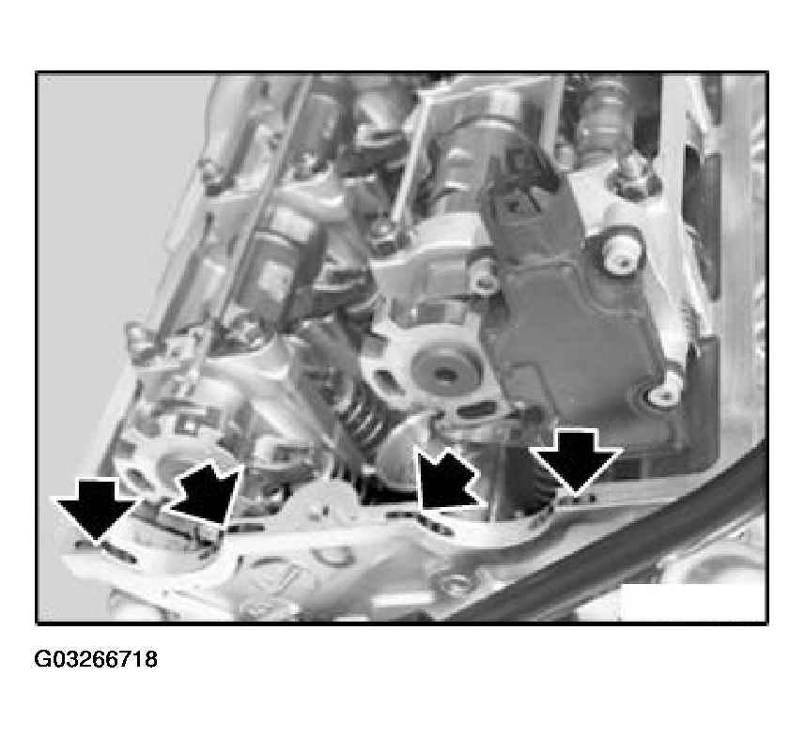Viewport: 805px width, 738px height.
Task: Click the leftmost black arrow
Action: click(x=96, y=508)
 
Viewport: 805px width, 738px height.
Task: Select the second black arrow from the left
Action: click(x=206, y=493)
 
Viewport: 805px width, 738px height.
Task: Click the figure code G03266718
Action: click(x=96, y=659)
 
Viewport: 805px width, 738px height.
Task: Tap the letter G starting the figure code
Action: click(x=41, y=659)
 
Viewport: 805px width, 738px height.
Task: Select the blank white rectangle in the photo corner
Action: click(x=692, y=602)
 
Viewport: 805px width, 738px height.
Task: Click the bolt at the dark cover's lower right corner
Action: click(x=663, y=394)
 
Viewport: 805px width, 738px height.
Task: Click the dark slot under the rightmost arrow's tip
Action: click(x=575, y=498)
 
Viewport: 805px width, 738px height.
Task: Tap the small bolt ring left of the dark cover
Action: click(x=483, y=283)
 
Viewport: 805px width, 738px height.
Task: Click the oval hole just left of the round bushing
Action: click(x=386, y=382)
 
